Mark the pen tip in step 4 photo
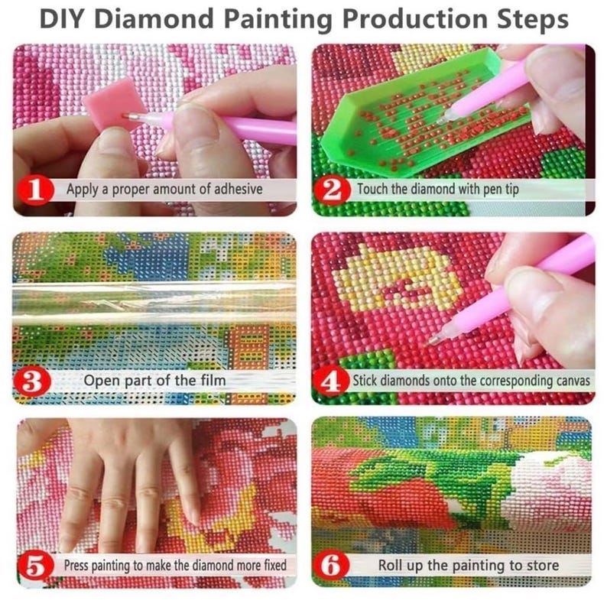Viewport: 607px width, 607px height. pyautogui.click(x=433, y=339)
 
